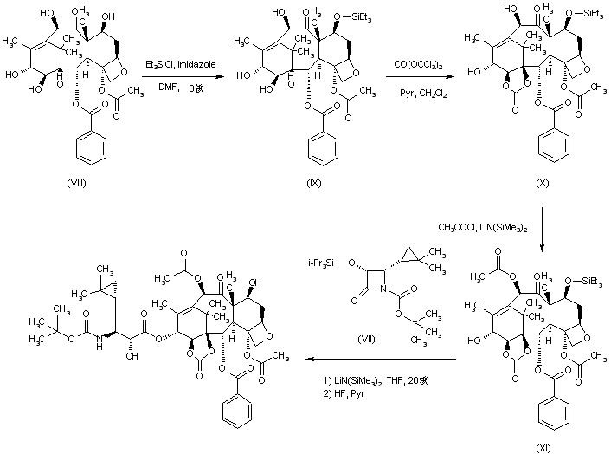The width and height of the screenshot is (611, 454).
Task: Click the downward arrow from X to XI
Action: [543, 230]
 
